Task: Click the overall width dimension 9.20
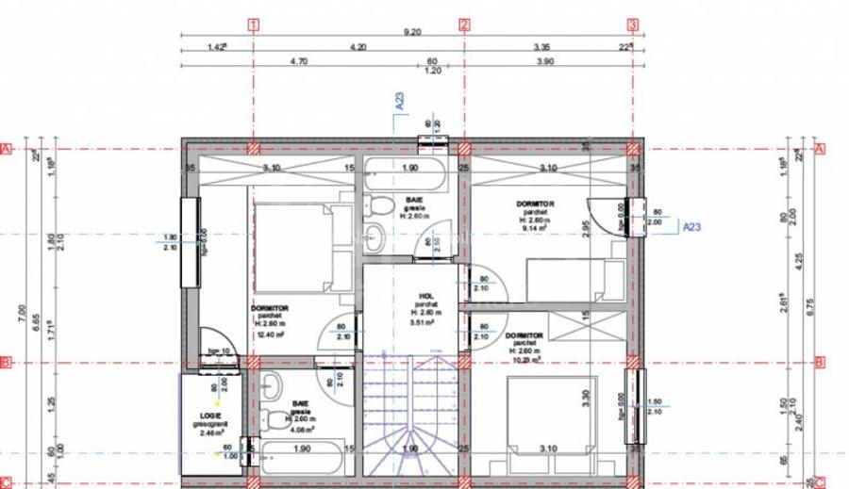[413, 32]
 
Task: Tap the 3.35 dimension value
[541, 45]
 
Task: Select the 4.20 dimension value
[358, 45]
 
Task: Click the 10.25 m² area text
[524, 359]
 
